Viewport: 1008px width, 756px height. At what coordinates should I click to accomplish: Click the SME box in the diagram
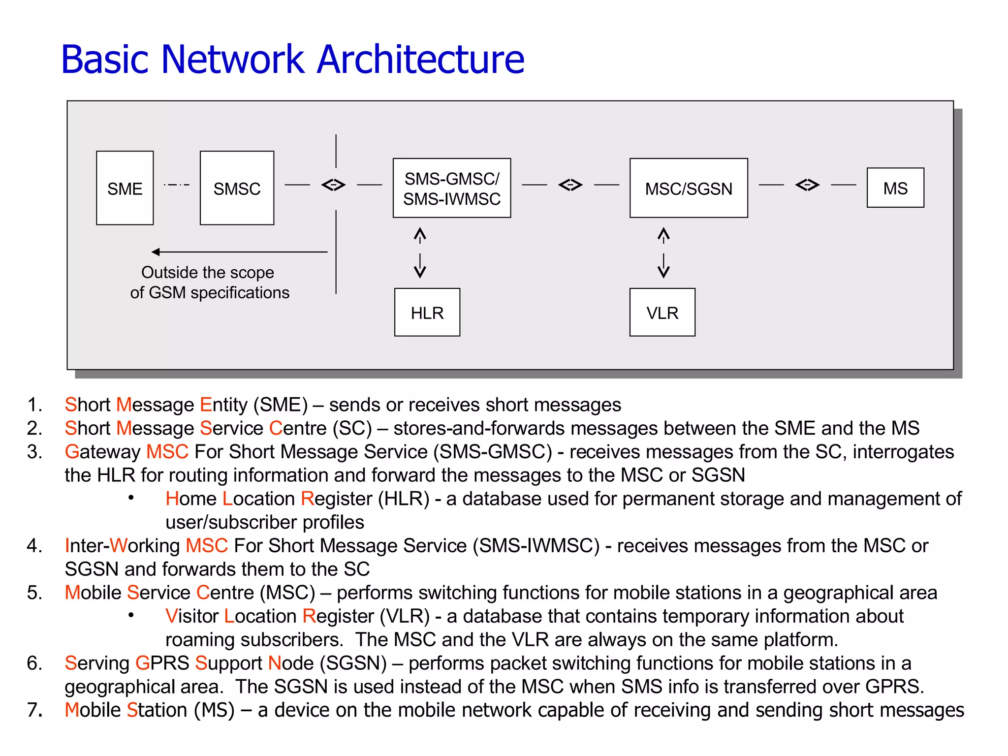125,188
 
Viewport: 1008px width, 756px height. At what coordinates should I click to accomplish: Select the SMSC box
237,188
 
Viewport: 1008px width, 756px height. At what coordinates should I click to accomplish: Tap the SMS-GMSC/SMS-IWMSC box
451,188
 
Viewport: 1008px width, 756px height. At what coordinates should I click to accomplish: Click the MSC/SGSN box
688,188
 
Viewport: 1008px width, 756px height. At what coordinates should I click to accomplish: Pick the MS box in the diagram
895,188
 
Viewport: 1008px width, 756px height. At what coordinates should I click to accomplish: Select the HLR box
427,312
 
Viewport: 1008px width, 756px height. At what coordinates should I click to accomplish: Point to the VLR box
662,312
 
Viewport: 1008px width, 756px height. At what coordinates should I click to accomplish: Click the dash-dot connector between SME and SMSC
176,185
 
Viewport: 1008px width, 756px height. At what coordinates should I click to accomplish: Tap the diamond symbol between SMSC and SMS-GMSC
333,185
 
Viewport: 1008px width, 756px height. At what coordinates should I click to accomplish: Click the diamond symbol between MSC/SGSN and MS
807,185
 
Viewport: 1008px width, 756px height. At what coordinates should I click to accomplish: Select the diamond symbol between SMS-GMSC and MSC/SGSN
570,185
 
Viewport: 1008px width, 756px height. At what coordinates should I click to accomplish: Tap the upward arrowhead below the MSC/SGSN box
663,233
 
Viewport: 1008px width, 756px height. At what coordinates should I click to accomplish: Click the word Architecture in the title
420,60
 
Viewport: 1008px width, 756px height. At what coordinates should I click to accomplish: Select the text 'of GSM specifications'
210,292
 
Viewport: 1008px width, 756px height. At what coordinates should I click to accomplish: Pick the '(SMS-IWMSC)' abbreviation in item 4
536,545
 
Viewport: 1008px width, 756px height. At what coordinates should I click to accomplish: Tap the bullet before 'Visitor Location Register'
131,615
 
